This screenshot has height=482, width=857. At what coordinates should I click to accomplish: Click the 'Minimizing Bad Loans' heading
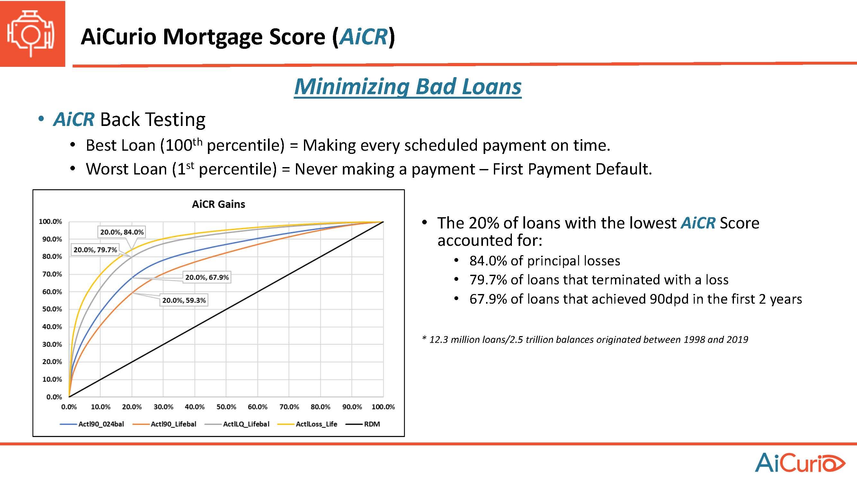(x=408, y=87)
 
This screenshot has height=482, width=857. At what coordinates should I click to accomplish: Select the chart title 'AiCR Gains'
(x=219, y=204)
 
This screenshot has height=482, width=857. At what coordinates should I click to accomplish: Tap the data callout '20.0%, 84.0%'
(x=122, y=232)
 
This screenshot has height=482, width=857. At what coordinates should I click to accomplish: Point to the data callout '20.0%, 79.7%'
(x=95, y=250)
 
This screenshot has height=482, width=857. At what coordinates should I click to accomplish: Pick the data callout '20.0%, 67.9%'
(x=207, y=277)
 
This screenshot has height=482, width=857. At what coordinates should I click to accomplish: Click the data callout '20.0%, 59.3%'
(x=184, y=300)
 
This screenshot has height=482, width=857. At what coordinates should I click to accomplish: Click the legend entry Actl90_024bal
(x=92, y=424)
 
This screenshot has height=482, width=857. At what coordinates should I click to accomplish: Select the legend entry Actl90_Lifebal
(x=164, y=424)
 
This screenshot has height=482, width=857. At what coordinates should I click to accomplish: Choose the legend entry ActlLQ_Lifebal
(x=237, y=424)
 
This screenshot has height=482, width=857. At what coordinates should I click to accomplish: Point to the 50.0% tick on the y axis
(x=52, y=309)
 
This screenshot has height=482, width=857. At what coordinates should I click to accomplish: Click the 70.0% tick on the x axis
(x=289, y=407)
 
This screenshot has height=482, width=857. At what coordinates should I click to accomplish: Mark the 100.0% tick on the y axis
(x=50, y=221)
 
